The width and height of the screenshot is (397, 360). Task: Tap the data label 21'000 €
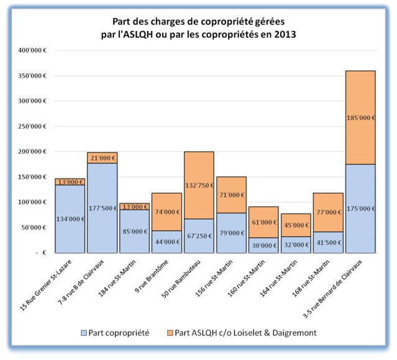103,158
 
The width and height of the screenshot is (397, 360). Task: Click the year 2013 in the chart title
283,35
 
